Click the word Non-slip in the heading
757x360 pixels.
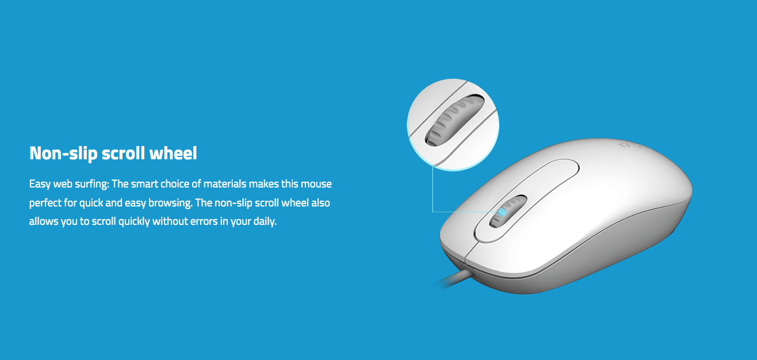pos(63,154)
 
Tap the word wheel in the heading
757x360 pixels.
pos(173,153)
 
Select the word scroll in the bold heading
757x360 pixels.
pos(123,153)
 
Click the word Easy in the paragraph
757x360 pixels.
pos(40,185)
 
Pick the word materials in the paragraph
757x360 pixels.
pos(225,184)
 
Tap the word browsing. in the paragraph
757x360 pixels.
pos(170,204)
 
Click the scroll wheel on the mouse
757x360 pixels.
pos(509,212)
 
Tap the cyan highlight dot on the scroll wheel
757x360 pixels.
pos(503,212)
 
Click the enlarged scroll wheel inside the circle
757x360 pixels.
pos(454,120)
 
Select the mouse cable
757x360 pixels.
pos(453,279)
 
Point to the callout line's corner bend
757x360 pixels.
pos(433,212)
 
